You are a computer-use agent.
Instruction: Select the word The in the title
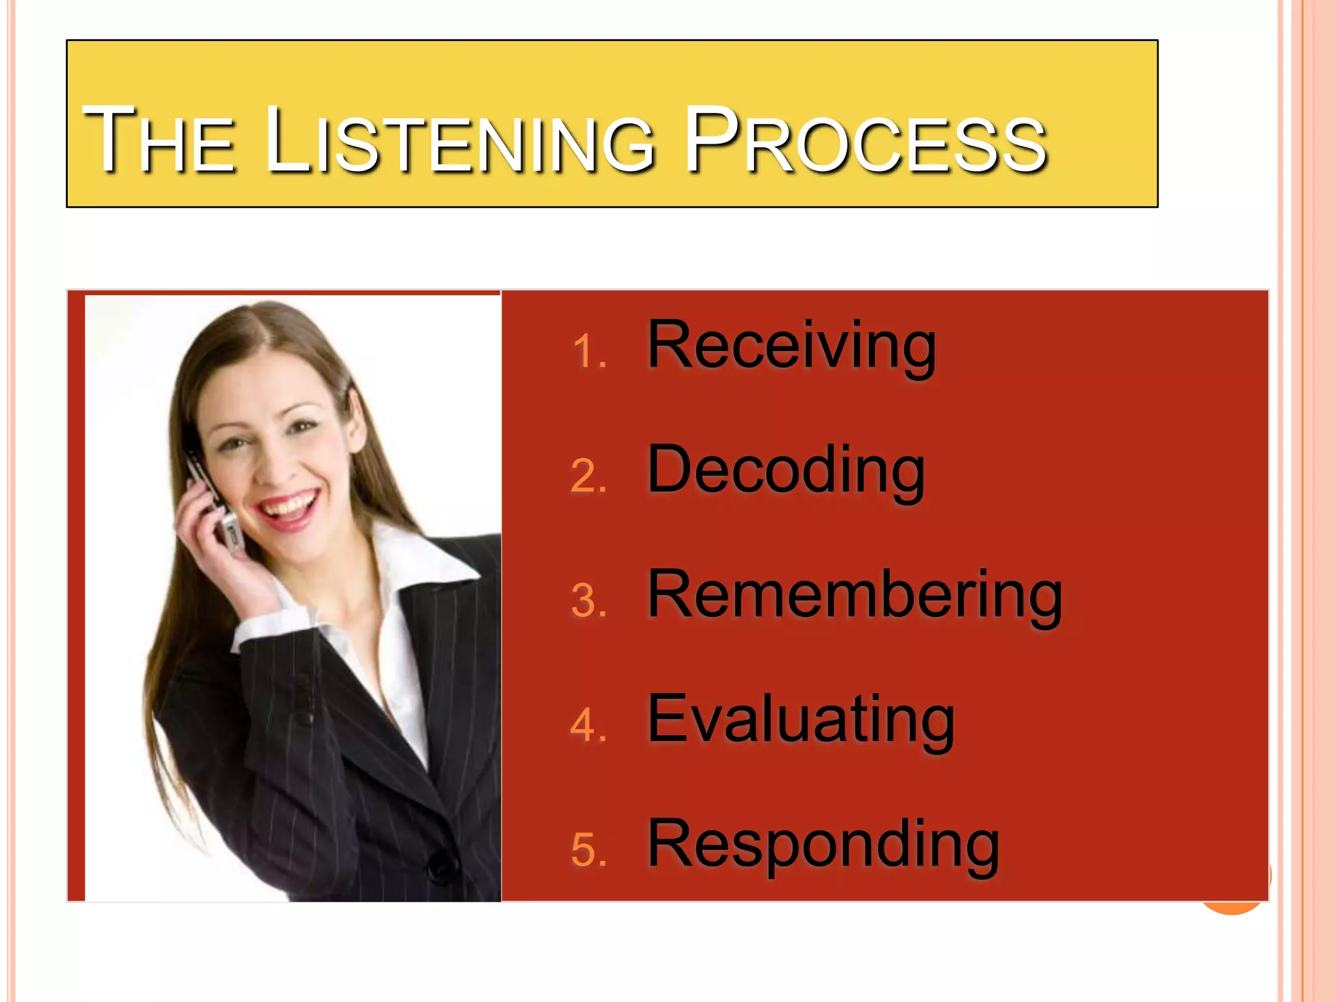point(159,140)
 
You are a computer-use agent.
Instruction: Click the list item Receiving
point(791,346)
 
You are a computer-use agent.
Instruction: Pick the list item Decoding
point(785,470)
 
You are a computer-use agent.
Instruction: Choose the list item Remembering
point(855,595)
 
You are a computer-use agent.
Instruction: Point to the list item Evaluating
point(800,720)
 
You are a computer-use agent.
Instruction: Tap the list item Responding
point(823,845)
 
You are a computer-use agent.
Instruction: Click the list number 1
point(589,352)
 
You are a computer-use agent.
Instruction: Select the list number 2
point(589,476)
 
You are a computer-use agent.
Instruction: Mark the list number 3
point(589,601)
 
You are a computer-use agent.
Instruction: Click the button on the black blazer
point(441,868)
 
